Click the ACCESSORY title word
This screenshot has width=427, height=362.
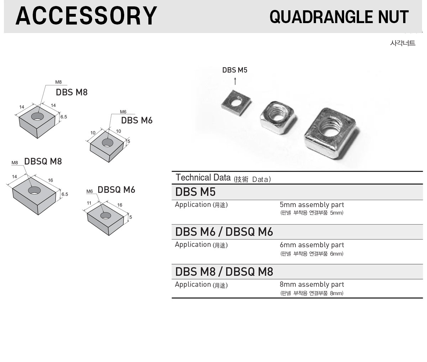pyautogui.click(x=86, y=16)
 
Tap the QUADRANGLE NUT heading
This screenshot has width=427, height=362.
pyautogui.click(x=339, y=17)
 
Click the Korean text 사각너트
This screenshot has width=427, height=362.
pyautogui.click(x=402, y=43)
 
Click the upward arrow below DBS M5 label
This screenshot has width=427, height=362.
pyautogui.click(x=235, y=81)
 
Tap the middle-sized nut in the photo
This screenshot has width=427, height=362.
pyautogui.click(x=278, y=117)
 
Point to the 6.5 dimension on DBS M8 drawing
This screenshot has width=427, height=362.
pyautogui.click(x=64, y=117)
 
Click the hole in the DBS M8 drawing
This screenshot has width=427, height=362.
pyautogui.click(x=37, y=116)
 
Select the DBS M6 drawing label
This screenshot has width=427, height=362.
pyautogui.click(x=137, y=120)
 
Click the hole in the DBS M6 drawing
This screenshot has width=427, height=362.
pyautogui.click(x=107, y=143)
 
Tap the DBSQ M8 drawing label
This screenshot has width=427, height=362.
pyautogui.click(x=43, y=161)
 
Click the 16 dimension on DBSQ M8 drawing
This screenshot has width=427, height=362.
pyautogui.click(x=51, y=180)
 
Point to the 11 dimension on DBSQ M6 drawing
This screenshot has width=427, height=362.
pyautogui.click(x=89, y=203)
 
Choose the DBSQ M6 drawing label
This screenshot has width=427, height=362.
pyautogui.click(x=116, y=190)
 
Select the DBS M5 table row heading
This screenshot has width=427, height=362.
pyautogui.click(x=195, y=192)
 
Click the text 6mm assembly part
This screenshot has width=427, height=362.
pyautogui.click(x=312, y=245)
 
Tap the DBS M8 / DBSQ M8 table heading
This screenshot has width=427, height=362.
pyautogui.click(x=224, y=272)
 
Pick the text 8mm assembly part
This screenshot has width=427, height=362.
pyautogui.click(x=312, y=285)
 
